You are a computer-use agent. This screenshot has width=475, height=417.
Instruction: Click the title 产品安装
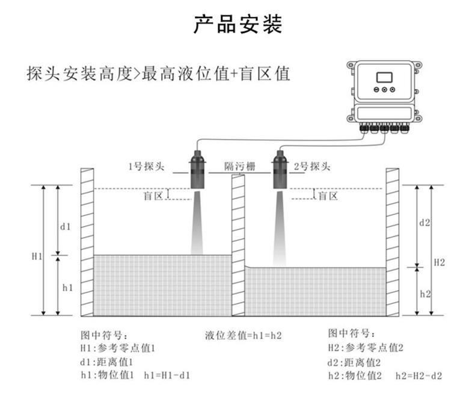[x=237, y=25]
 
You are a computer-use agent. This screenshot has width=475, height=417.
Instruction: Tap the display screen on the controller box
[x=384, y=78]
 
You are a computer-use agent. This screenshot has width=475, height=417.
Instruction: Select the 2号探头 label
[x=312, y=166]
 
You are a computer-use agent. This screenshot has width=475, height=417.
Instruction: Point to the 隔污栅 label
[x=239, y=166]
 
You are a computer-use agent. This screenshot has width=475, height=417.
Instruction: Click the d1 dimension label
[x=66, y=227]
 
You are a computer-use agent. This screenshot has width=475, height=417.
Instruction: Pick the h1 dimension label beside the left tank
[x=67, y=288]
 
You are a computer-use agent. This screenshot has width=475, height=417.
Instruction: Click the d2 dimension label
[x=424, y=222]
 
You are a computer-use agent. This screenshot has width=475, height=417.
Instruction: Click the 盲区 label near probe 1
[x=153, y=196]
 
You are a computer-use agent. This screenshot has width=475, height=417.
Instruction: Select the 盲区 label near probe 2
[x=328, y=196]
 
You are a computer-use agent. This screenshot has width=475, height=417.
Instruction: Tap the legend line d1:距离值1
[x=106, y=362]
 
